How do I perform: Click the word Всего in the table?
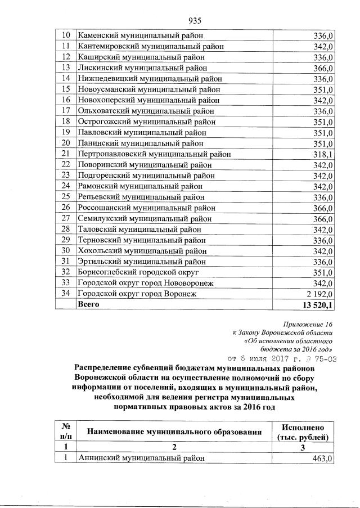pos(88,304)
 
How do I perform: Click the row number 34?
pos(65,293)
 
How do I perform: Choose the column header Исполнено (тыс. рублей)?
pos(304,431)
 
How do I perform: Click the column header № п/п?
pos(65,431)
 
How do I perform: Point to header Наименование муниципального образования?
pos(174,432)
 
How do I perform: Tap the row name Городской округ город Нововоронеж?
pos(145,282)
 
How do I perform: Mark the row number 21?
pos(65,154)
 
